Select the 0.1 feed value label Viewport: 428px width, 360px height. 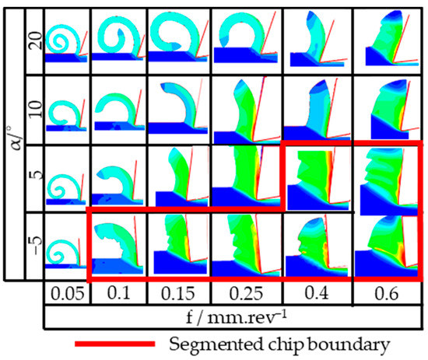(115, 295)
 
